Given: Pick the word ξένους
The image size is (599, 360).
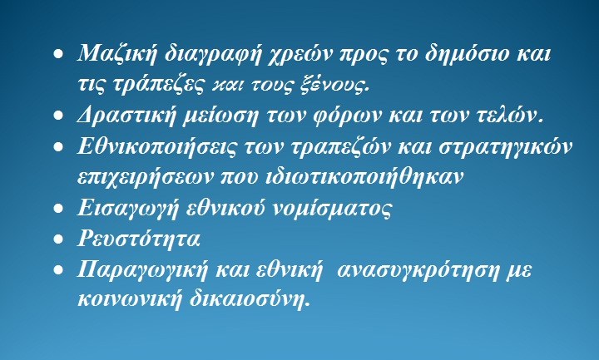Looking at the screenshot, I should point(338,84).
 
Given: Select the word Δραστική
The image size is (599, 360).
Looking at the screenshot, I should point(122,116).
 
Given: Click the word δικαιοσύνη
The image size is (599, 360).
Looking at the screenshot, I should point(248,300).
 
